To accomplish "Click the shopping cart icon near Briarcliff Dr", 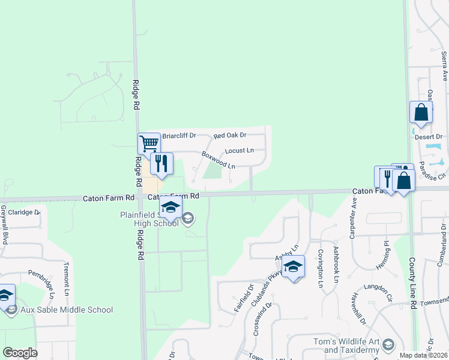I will [x=149, y=143].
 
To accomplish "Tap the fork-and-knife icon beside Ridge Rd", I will [x=161, y=163].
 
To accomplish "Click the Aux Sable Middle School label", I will [x=67, y=310].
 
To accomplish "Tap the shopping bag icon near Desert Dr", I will [x=421, y=112].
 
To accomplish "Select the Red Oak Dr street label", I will [x=230, y=136].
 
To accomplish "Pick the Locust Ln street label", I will [x=239, y=150].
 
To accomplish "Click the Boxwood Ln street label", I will [x=217, y=159].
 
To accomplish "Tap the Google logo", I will [x=20, y=353].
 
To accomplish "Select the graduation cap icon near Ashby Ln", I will [x=293, y=267].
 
